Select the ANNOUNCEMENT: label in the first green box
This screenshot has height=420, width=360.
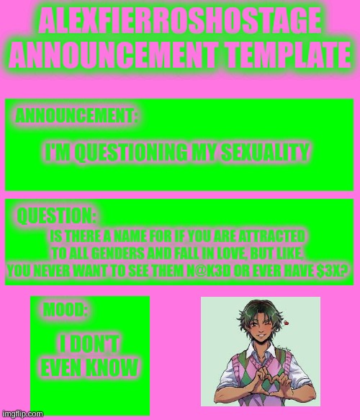(77, 115)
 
